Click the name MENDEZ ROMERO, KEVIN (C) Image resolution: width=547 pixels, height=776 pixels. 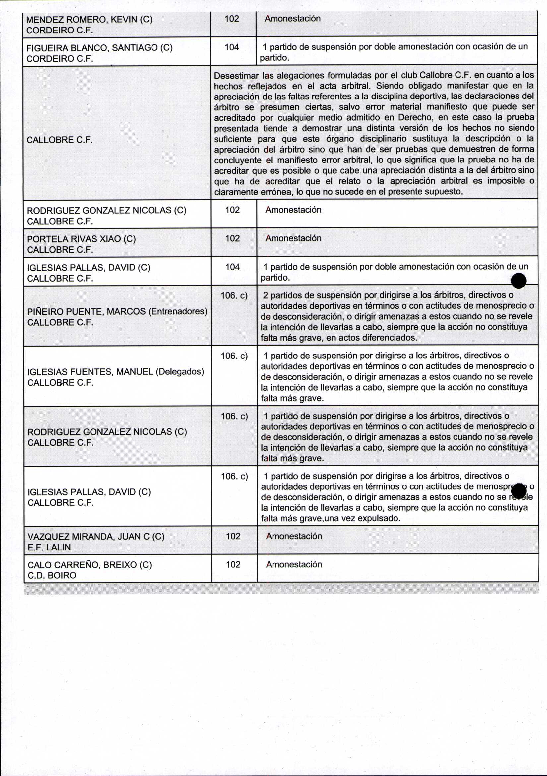tap(89, 19)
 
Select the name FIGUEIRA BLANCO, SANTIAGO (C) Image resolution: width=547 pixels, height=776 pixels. tap(99, 48)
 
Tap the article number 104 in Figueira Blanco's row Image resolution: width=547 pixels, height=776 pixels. tap(232, 47)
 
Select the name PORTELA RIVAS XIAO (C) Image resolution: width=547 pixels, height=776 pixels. tap(81, 239)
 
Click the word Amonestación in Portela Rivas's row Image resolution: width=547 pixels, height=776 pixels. tap(293, 238)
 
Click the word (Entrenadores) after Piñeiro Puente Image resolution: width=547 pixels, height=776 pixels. tap(178, 311)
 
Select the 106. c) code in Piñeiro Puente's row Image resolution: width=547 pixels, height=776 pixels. tap(234, 296)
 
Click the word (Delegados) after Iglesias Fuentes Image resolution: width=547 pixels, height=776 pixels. tap(180, 372)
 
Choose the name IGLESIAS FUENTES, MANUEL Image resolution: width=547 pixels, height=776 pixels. tap(90, 372)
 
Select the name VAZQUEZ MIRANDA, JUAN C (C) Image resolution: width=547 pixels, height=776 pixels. tap(95, 537)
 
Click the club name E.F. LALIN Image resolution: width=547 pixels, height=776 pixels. tap(49, 547)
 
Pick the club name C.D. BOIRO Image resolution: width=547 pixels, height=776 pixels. tap(52, 575)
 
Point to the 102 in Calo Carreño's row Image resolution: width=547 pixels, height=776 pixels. tap(233, 564)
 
